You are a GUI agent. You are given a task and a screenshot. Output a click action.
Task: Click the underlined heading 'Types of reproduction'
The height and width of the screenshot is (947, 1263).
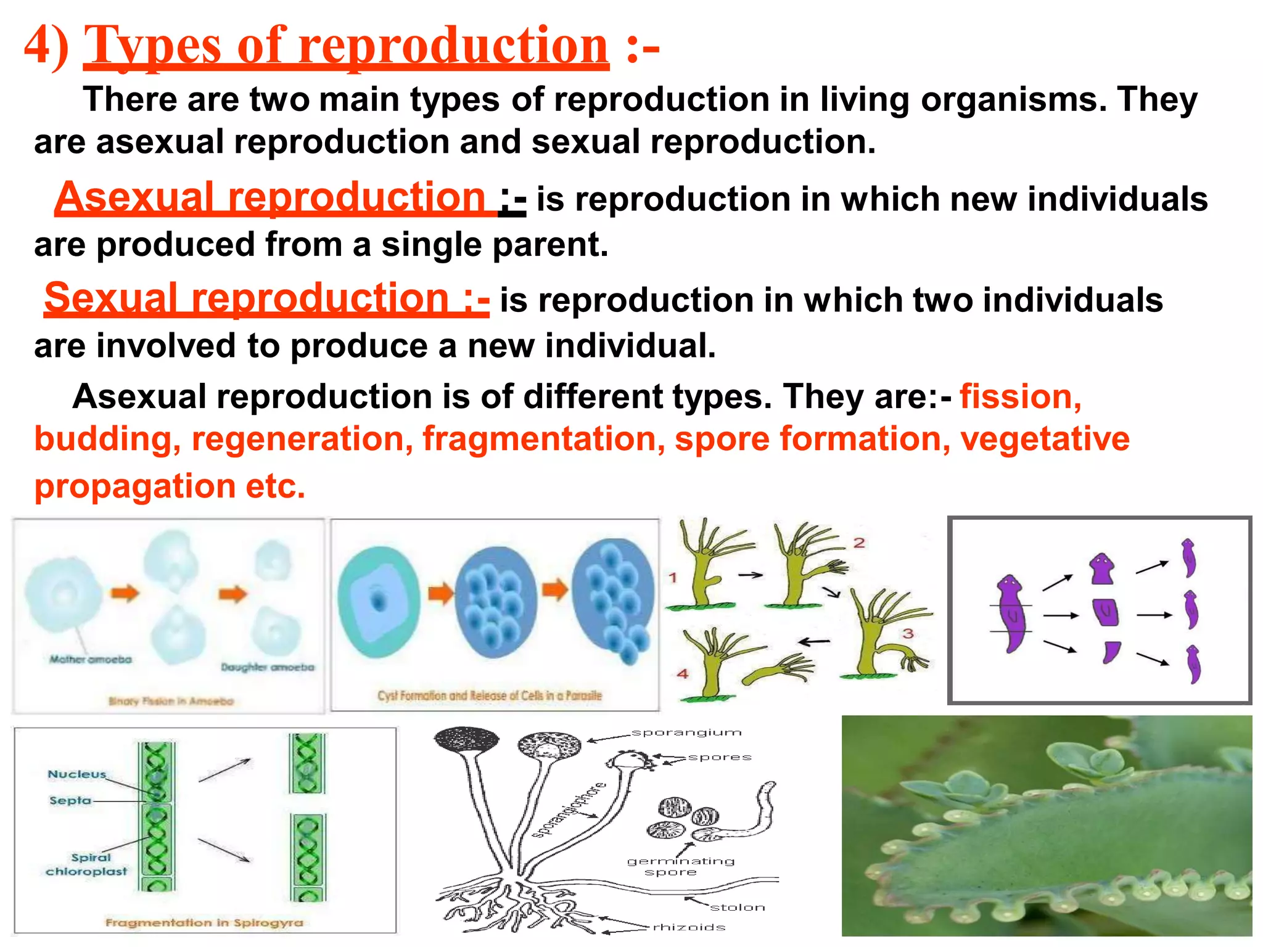[346, 46]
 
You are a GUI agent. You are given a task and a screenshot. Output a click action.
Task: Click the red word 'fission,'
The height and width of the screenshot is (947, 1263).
[1021, 396]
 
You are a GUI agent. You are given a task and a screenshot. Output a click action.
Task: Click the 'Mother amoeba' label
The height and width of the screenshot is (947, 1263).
[91, 660]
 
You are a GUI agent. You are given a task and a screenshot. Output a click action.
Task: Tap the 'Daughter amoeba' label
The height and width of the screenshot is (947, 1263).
[268, 668]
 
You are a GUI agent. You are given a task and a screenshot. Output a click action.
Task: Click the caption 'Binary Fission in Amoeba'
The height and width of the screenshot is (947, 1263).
[171, 701]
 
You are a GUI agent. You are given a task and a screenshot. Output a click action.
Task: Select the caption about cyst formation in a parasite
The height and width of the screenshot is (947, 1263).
[490, 695]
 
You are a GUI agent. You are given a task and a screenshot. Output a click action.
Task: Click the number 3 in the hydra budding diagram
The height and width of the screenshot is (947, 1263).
[908, 634]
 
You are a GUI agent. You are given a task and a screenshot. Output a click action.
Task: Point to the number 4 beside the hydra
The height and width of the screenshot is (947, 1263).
[683, 674]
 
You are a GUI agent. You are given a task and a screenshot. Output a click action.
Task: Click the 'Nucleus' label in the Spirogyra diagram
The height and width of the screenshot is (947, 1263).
[77, 774]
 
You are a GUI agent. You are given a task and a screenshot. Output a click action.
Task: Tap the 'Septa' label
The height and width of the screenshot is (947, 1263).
[70, 801]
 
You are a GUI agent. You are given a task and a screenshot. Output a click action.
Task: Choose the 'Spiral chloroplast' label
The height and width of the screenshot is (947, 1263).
[87, 864]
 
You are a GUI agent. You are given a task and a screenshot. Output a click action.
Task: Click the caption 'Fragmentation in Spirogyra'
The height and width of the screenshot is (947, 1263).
[204, 923]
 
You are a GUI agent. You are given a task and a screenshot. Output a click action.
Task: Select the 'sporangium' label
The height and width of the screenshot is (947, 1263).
[686, 733]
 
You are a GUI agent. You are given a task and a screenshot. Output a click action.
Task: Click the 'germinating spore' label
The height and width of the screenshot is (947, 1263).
[680, 866]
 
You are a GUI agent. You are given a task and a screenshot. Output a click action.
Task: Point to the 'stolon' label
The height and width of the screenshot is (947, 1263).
[738, 908]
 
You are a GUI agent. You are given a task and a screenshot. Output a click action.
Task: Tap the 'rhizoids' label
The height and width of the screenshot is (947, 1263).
[689, 927]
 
